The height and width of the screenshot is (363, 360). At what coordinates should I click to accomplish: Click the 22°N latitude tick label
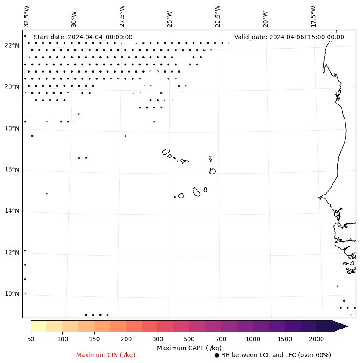point(12,46)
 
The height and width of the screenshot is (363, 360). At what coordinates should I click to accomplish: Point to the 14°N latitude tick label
point(12,211)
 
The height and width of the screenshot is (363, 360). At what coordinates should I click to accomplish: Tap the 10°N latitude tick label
point(12,294)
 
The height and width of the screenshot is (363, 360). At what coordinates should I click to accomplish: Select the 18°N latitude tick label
point(12,128)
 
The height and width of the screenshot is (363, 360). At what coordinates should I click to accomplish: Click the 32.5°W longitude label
point(27,16)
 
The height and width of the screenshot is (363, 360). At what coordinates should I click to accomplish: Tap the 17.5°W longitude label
point(313,16)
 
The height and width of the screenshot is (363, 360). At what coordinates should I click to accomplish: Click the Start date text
point(83,37)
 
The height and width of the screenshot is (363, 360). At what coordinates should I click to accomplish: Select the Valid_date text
point(289,37)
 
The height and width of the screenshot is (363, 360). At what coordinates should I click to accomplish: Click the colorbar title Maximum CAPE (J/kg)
point(189,348)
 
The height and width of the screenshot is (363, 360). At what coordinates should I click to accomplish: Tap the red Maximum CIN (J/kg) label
point(106,355)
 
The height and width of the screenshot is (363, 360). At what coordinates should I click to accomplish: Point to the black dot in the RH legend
point(217,355)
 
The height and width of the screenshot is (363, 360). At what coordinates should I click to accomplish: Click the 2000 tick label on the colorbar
point(317,339)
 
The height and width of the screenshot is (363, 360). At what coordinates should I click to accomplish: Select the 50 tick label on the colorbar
point(31,339)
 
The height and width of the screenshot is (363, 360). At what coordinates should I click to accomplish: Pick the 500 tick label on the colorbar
point(189,339)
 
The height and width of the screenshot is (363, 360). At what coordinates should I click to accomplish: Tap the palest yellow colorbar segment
point(38,326)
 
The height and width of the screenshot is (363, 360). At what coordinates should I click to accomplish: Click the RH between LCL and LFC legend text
point(276,355)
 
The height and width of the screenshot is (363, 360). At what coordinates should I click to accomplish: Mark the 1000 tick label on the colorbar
point(253,339)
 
